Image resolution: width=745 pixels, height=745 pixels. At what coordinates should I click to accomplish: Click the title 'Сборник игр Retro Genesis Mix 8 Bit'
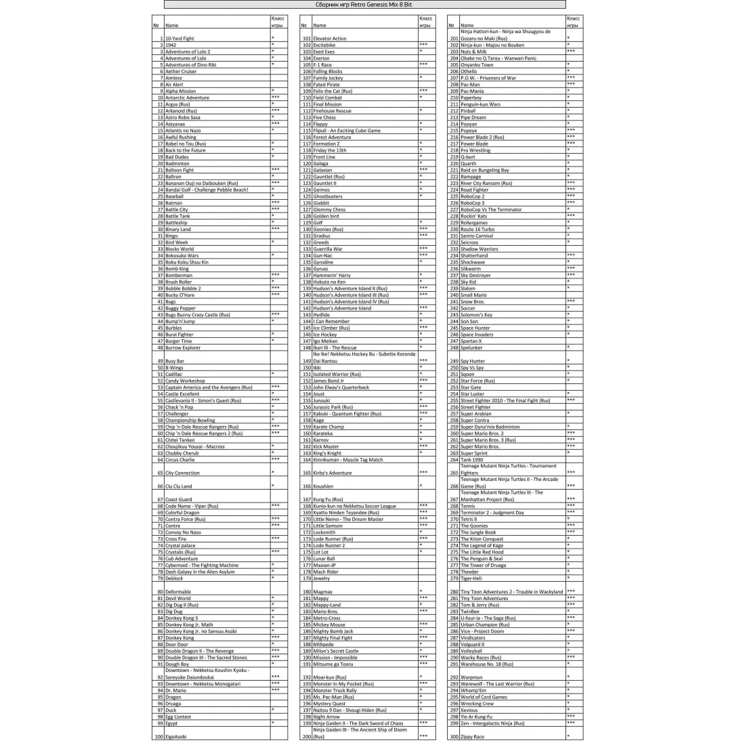click(x=364, y=5)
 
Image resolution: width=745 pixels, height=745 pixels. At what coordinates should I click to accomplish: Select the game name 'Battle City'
click(x=177, y=210)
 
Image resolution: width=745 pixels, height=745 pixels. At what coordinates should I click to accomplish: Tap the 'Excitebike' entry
click(x=325, y=45)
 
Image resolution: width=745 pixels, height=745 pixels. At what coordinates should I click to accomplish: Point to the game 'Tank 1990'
click(x=472, y=460)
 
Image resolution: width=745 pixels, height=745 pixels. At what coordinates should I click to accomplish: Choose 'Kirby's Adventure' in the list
click(x=333, y=473)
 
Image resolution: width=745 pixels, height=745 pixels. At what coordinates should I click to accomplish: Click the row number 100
click(x=158, y=736)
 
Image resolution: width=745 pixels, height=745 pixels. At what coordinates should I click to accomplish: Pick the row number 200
click(x=306, y=736)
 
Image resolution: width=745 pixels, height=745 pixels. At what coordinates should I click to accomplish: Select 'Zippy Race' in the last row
click(x=473, y=736)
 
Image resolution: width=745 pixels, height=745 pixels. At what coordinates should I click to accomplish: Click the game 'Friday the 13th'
click(x=330, y=150)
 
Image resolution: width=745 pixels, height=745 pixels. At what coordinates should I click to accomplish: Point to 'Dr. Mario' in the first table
click(x=175, y=690)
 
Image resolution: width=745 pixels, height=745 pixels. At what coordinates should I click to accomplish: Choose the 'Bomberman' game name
click(x=179, y=276)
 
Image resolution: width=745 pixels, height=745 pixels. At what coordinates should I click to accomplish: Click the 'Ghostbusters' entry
click(x=328, y=196)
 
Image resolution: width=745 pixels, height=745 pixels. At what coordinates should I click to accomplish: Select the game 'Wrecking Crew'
click(x=477, y=704)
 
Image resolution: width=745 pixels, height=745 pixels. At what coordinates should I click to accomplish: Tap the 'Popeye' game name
click(x=469, y=131)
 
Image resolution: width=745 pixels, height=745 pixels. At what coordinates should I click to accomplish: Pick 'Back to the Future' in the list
click(x=186, y=150)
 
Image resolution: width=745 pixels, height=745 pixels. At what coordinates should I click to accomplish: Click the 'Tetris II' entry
click(x=469, y=519)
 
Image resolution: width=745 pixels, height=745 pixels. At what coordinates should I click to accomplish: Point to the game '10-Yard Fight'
click(x=179, y=39)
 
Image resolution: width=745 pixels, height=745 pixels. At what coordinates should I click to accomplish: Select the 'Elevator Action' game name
click(x=330, y=39)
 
